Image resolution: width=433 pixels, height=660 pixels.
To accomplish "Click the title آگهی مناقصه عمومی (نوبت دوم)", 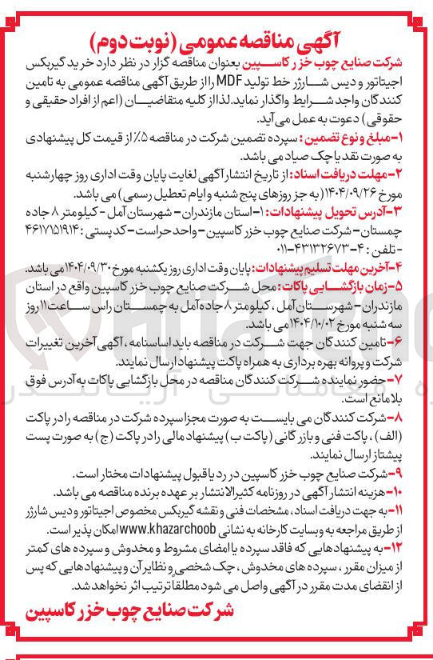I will (216, 38).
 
